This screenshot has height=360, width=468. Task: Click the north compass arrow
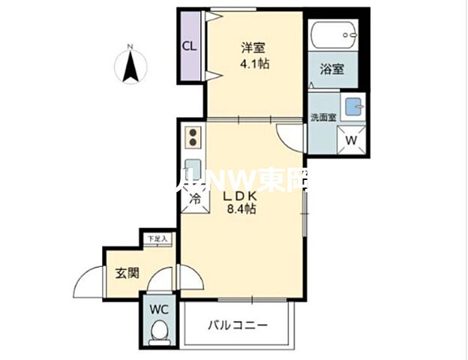click(130, 66)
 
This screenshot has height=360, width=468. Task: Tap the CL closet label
click(190, 45)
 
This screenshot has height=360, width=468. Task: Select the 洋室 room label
click(253, 47)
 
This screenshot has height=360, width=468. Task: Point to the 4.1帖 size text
click(254, 64)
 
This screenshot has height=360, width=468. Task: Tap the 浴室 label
click(332, 70)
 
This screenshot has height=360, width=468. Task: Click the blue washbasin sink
click(352, 108)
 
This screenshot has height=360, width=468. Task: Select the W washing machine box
click(350, 139)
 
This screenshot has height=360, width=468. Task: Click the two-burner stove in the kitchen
click(193, 138)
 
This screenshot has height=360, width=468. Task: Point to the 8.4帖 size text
click(242, 211)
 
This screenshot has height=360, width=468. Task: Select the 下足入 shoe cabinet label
click(157, 238)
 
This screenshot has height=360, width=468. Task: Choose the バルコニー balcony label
click(237, 325)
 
